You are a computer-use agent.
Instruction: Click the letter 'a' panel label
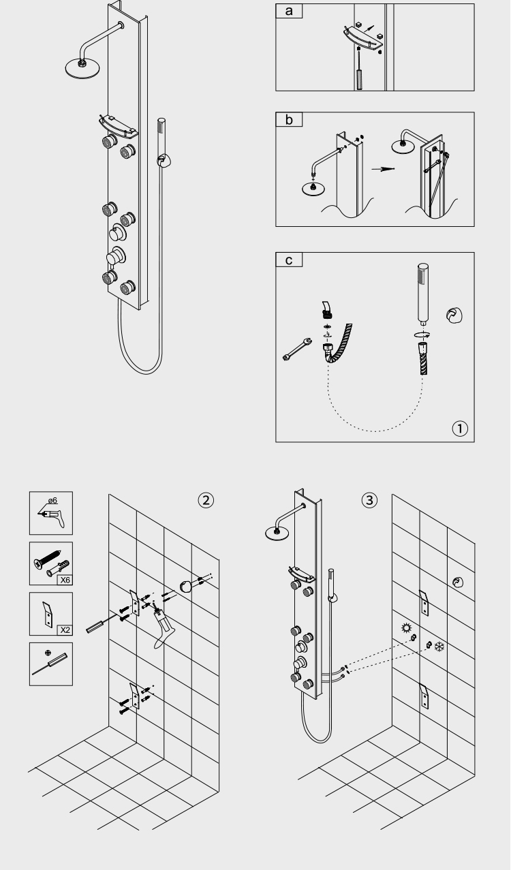tap(289, 11)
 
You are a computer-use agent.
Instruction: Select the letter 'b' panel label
tap(289, 120)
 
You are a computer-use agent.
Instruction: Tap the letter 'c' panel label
tap(289, 260)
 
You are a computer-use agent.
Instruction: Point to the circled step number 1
tap(461, 429)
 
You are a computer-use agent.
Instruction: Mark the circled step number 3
tap(369, 500)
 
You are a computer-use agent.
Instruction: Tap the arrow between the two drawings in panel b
tap(388, 169)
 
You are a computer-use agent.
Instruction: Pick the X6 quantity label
tap(63, 580)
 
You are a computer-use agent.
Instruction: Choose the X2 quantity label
tap(63, 630)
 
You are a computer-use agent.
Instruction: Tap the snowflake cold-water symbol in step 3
tap(439, 645)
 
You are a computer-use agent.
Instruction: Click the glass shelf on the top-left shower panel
tap(117, 123)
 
